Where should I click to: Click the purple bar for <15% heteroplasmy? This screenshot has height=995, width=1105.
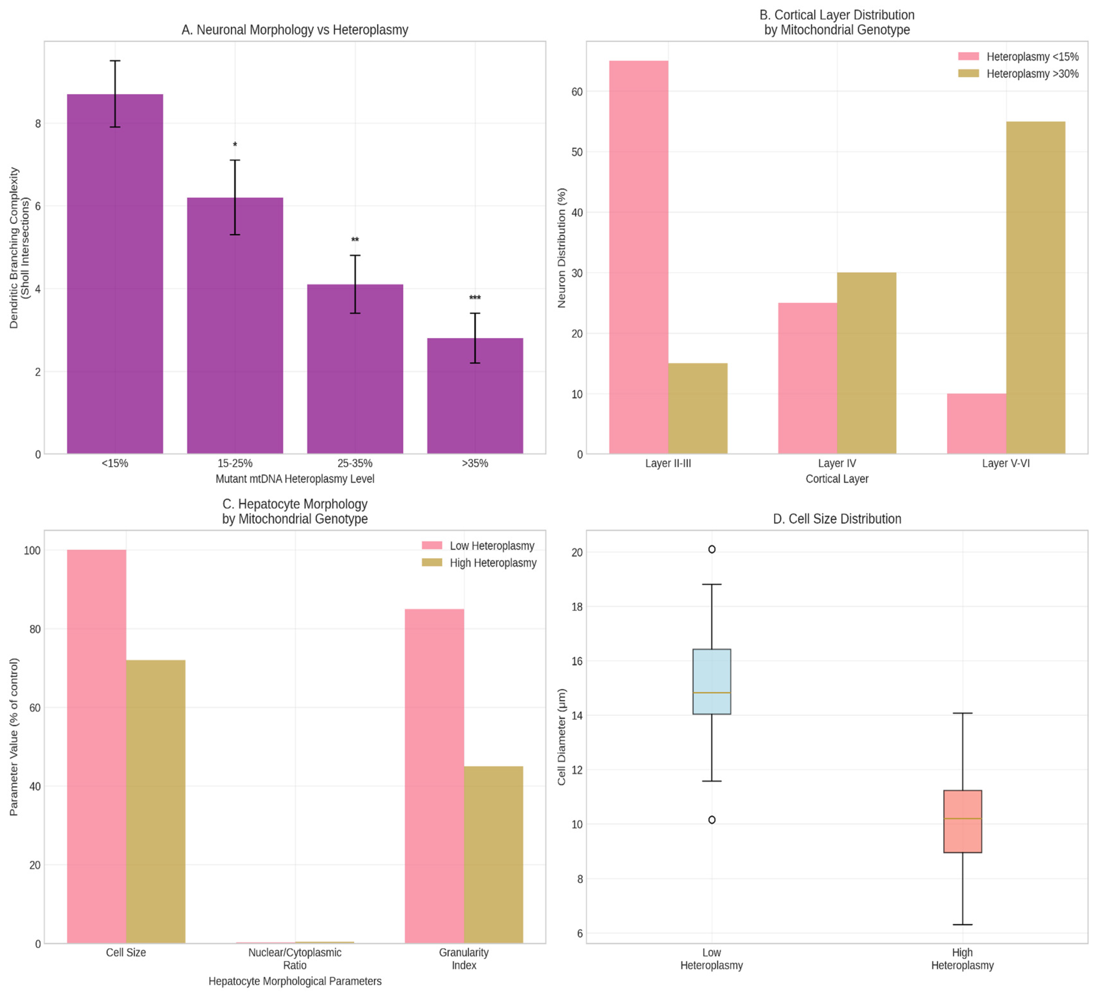point(115,273)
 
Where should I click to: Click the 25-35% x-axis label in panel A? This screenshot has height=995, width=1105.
point(355,463)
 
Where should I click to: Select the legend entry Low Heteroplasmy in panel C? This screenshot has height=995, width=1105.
point(491,546)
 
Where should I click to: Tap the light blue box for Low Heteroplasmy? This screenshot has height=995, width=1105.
point(711,681)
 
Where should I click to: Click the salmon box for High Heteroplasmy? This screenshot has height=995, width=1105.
point(962,821)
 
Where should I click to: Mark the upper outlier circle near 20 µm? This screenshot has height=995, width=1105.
point(711,549)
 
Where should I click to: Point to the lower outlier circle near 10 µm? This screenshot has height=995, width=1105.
point(711,820)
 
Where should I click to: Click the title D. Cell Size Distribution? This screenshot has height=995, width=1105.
point(836,519)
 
